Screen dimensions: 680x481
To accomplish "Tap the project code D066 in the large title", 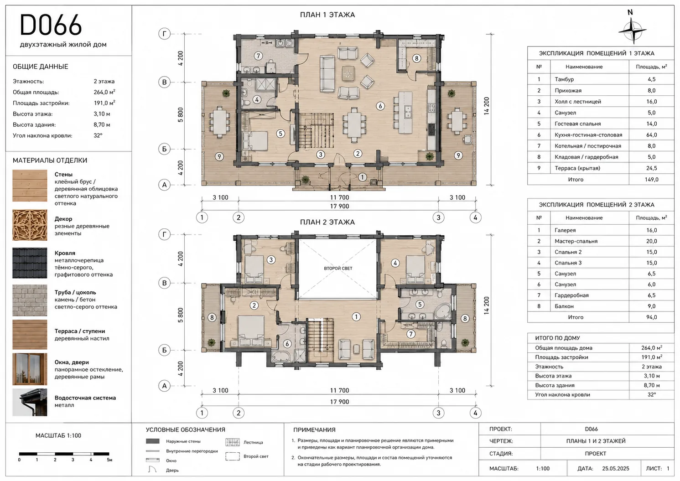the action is [x=51, y=25].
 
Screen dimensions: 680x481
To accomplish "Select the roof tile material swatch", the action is [x=30, y=263].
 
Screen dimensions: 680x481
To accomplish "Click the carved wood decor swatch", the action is [x=30, y=225].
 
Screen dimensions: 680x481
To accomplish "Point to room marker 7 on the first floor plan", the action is [x=258, y=56].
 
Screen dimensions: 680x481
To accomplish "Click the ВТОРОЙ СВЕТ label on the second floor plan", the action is [x=338, y=268].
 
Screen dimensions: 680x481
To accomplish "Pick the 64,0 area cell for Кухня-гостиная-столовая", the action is [x=651, y=135].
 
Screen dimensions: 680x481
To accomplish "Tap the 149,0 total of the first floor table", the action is [x=651, y=179].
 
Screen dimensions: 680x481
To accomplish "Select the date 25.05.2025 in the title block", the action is [x=616, y=468].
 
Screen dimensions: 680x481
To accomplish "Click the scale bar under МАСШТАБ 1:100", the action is [x=64, y=454].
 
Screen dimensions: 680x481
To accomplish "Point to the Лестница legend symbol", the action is [x=233, y=442].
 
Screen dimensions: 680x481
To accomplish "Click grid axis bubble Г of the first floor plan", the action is [x=164, y=34].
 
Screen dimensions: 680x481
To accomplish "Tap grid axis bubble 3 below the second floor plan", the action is [x=438, y=413].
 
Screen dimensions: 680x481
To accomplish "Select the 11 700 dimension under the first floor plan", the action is [x=339, y=197].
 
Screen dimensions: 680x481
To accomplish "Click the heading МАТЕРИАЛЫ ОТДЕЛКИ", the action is [x=50, y=160].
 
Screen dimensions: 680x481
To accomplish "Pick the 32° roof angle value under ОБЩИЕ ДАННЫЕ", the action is [x=98, y=135].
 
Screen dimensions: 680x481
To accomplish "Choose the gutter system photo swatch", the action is [x=30, y=403].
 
